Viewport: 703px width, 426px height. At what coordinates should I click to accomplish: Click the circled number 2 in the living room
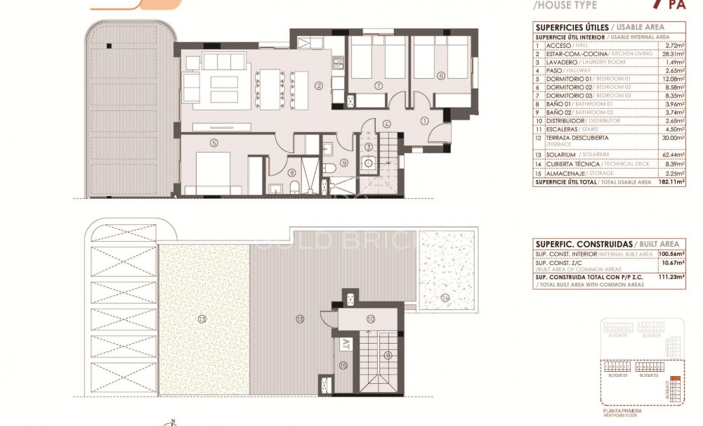pos(318,86)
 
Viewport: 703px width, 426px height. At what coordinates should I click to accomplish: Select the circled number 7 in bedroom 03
pos(378,86)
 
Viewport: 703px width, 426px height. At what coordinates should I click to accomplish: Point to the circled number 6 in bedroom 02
pos(440,75)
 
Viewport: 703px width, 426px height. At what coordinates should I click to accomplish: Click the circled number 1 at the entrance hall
pos(424,121)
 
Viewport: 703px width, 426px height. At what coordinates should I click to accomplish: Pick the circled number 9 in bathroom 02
pos(344,162)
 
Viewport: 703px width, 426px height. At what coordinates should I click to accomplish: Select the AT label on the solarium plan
pos(345,344)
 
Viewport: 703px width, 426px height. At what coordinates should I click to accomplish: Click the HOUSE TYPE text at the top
pos(566,6)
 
